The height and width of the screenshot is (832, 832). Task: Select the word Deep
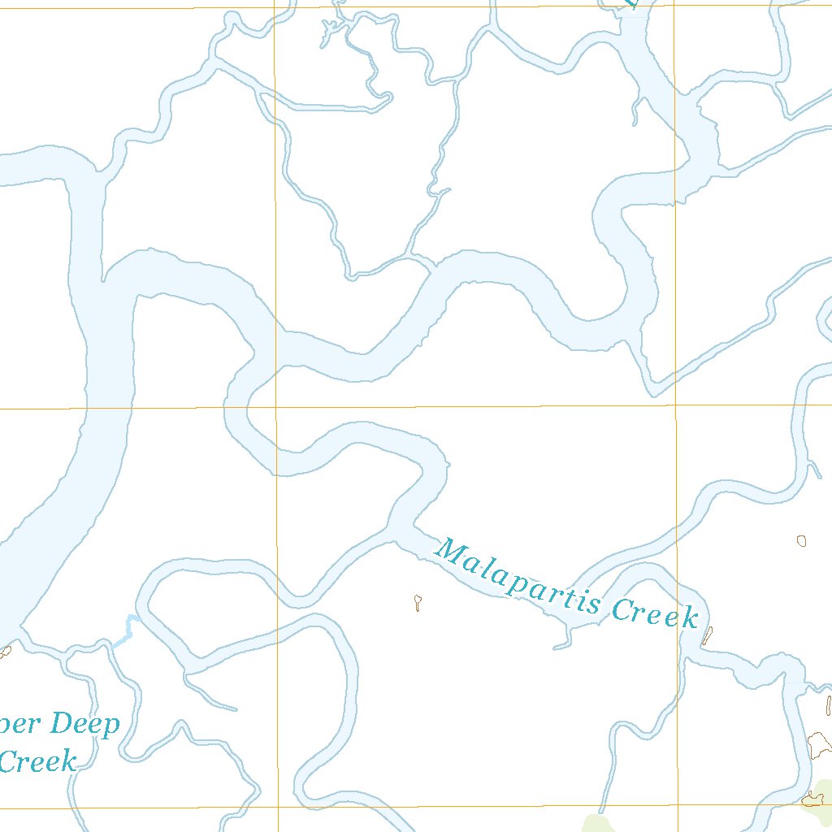(x=84, y=723)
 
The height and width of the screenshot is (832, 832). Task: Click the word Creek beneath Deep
(x=38, y=761)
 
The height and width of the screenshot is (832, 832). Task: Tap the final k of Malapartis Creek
(x=690, y=619)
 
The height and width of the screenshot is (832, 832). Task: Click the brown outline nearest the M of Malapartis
(x=418, y=602)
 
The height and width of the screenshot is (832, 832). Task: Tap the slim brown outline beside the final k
(x=708, y=635)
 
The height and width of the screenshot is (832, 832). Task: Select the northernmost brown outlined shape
(x=802, y=539)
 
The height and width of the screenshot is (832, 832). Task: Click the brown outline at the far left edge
(x=5, y=651)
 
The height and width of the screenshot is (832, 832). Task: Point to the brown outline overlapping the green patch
(x=811, y=799)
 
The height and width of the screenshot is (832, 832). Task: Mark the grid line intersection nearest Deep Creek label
(x=277, y=808)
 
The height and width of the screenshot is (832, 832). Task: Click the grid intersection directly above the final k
(x=676, y=405)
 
